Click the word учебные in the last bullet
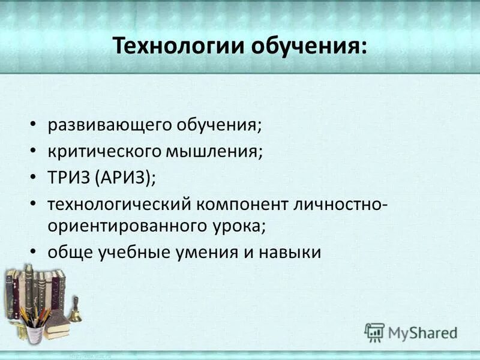pos(131,252)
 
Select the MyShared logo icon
pos(374,332)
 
